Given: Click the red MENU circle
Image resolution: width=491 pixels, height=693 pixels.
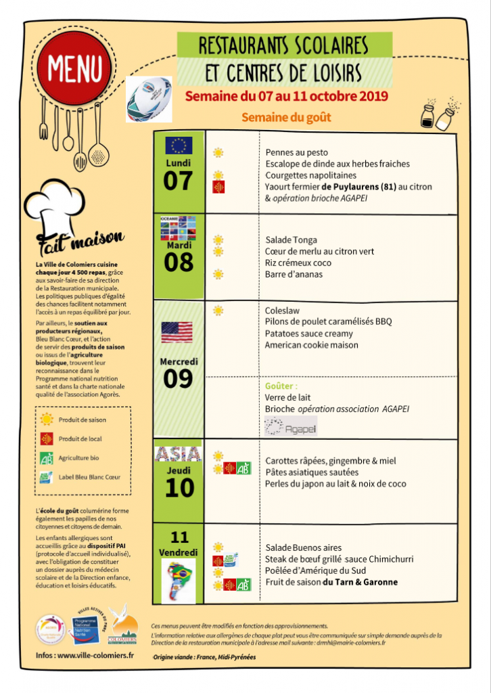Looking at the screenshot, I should tap(75, 68).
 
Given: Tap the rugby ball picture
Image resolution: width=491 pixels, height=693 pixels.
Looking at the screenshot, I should tap(149, 98).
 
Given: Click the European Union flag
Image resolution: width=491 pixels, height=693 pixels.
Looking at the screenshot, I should tap(179, 146).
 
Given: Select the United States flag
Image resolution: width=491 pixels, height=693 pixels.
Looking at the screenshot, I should tap(177, 332).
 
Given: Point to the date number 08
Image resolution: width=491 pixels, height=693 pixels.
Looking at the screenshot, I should tap(179, 262).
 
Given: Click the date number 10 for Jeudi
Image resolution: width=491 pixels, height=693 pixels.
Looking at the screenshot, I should tap(179, 487).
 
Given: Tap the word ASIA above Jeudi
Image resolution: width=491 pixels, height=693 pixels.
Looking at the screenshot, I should tap(179, 453).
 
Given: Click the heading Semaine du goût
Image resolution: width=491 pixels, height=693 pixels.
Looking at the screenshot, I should tap(286, 118).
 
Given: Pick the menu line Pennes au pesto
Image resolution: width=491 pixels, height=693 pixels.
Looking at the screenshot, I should tap(297, 153).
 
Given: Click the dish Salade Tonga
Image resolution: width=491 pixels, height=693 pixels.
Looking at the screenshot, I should tap(291, 240).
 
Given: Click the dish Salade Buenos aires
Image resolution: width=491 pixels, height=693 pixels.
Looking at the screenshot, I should tap(303, 547).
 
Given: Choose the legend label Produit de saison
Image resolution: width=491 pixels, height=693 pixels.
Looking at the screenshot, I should tap(83, 420).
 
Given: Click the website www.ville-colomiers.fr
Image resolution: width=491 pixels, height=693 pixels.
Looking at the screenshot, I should tap(95, 655).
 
